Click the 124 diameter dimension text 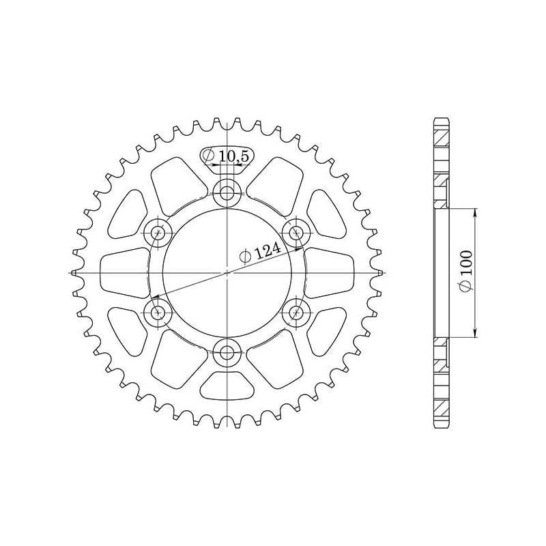click(268, 252)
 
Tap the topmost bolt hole click(226, 192)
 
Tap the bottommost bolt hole click(226, 353)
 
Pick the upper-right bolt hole click(296, 232)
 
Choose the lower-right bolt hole click(296, 313)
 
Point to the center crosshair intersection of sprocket click(226, 273)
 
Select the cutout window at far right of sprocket click(329, 273)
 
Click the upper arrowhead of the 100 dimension click(475, 210)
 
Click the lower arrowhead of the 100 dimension click(475, 334)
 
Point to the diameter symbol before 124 click(244, 258)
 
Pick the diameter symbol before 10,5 click(210, 157)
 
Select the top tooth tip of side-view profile click(440, 119)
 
